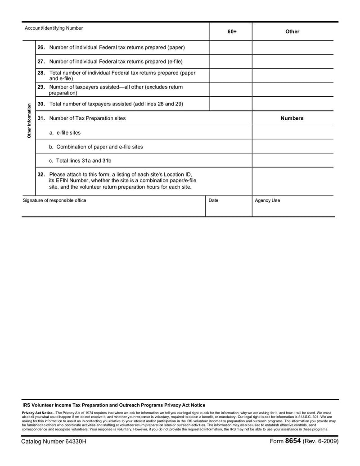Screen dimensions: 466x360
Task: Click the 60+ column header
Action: coord(232,32)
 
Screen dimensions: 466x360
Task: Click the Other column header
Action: coord(292,32)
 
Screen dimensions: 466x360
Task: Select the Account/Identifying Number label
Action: coord(54,28)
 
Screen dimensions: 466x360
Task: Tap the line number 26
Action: coord(41,47)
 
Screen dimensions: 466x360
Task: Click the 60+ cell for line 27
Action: coord(231,61)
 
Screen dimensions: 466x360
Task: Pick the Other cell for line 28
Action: coord(293,75)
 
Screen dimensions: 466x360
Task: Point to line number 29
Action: coord(41,87)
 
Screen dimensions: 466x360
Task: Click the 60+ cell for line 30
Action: coord(231,104)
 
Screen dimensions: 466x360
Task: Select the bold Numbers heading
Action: coord(292,118)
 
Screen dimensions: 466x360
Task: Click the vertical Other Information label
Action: coord(29,121)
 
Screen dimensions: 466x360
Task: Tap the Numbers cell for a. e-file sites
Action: coord(293,132)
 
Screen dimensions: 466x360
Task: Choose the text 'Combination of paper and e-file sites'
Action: coord(99,147)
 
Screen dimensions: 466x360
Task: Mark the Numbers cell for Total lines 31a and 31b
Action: coord(293,160)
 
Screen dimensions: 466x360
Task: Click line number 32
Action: coord(41,174)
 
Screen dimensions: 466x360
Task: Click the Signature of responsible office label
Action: coord(54,200)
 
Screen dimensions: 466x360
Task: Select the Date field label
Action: coord(214,200)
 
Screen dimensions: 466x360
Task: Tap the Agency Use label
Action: coord(267,200)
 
